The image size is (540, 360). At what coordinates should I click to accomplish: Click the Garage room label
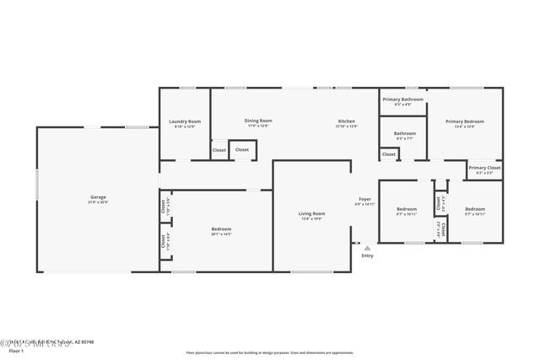(97, 197)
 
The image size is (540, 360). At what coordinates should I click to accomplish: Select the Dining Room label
(257, 121)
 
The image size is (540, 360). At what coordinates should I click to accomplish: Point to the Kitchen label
(346, 121)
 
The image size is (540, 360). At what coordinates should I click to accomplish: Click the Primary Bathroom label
(402, 99)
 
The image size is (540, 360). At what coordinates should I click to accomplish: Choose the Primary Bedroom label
(465, 121)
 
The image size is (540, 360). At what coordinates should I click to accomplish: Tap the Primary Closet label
(484, 168)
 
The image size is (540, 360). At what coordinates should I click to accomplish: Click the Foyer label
(364, 199)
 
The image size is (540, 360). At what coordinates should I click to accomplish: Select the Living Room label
(311, 213)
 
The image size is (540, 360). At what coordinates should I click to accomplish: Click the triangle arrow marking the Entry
(367, 248)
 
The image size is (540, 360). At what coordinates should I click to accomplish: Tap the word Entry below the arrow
(367, 256)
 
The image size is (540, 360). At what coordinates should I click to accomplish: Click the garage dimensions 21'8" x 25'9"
(97, 203)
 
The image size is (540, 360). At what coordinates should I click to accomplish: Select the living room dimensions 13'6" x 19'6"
(311, 219)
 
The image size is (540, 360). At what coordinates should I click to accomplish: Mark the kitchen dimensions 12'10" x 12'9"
(346, 126)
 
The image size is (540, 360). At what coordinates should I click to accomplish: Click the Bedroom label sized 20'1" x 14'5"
(221, 228)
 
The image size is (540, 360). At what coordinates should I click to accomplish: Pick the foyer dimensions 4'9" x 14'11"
(364, 205)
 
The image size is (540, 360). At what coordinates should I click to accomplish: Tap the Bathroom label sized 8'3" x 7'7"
(404, 132)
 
